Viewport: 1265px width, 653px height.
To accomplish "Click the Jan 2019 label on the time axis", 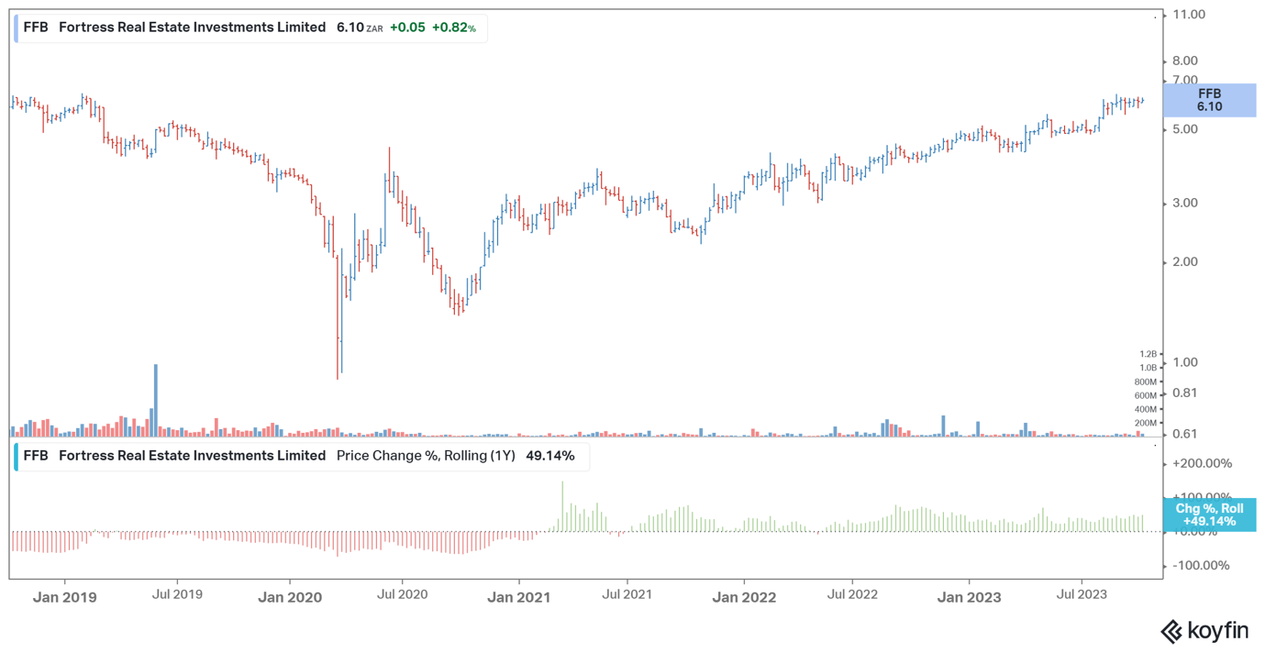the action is pyautogui.click(x=64, y=597).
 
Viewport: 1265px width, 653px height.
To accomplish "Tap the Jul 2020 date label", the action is pyautogui.click(x=402, y=594).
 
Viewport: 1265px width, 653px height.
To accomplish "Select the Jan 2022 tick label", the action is pyautogui.click(x=744, y=597).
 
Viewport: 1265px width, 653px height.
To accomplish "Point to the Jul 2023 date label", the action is pyautogui.click(x=1082, y=594).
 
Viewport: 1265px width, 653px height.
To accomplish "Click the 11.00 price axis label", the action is pyautogui.click(x=1189, y=14).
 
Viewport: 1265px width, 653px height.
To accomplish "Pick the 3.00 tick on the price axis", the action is pyautogui.click(x=1185, y=203).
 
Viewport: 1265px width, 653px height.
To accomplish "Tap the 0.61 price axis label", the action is pyautogui.click(x=1185, y=434).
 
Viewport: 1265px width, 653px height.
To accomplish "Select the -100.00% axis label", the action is pyautogui.click(x=1201, y=565).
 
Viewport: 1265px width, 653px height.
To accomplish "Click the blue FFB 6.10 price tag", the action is pyautogui.click(x=1210, y=100).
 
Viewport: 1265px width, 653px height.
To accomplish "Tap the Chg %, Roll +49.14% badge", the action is pyautogui.click(x=1210, y=515).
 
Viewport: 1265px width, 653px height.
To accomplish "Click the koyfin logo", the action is pyautogui.click(x=1204, y=631).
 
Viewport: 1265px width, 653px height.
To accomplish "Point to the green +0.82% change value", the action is pyautogui.click(x=454, y=28).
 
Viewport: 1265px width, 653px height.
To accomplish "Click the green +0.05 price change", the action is pyautogui.click(x=407, y=28).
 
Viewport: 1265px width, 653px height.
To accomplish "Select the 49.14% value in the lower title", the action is pyautogui.click(x=550, y=456).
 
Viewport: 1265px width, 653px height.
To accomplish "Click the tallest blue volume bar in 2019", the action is pyautogui.click(x=156, y=400).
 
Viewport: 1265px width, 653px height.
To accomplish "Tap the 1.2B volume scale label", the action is pyautogui.click(x=1148, y=354).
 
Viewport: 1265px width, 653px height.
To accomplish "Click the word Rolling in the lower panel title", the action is pyautogui.click(x=465, y=456).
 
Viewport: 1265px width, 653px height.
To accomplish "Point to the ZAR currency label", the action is pyautogui.click(x=374, y=28).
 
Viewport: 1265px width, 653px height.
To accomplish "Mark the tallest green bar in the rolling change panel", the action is pyautogui.click(x=562, y=506).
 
